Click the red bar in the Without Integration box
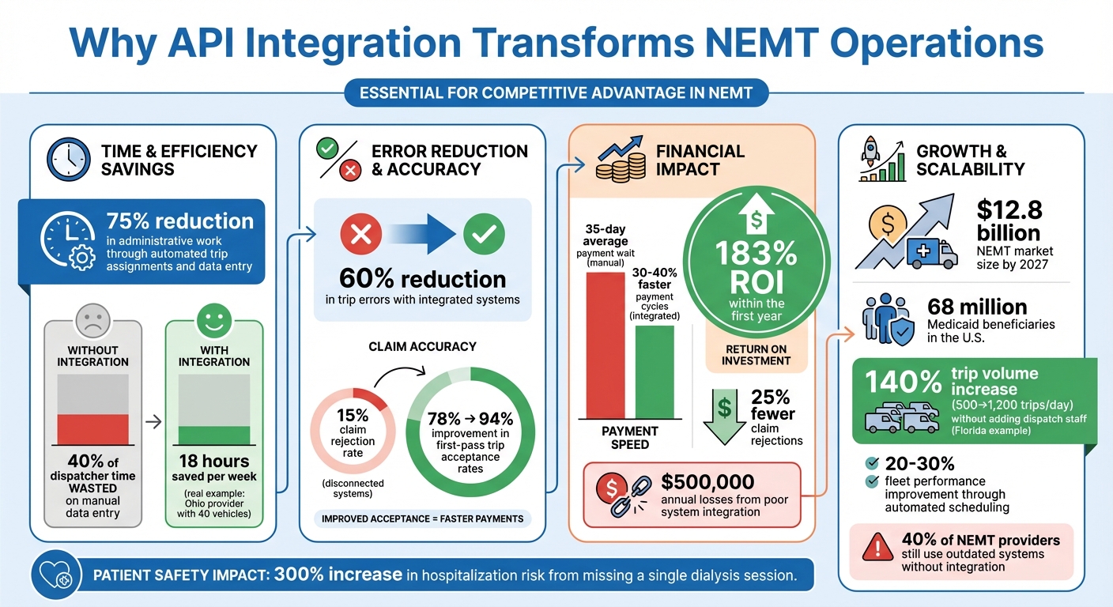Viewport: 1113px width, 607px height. pos(93,428)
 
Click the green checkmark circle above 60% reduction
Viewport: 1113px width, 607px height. pos(483,233)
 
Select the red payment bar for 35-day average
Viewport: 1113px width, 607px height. pos(605,345)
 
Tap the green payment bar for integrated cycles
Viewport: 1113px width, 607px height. pos(655,371)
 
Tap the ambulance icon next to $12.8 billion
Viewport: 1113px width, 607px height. pos(929,254)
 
